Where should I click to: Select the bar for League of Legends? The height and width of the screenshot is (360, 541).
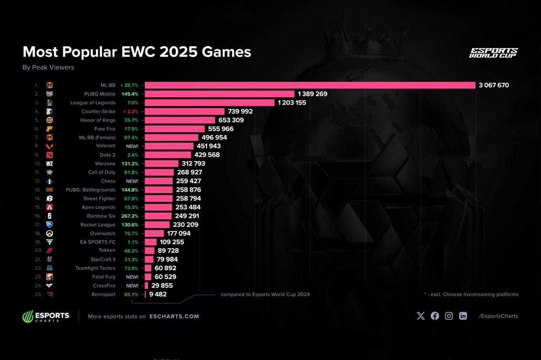(210, 103)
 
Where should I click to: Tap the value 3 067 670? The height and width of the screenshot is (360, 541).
(494, 85)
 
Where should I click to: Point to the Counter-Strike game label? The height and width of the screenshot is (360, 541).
(98, 111)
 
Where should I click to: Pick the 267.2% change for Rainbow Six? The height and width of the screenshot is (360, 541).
(130, 216)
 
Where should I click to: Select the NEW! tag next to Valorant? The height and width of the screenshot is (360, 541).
(132, 146)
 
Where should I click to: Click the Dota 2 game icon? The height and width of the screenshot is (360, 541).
(50, 155)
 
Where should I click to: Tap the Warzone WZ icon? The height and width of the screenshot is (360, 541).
(50, 164)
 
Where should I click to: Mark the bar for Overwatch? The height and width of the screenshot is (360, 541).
(154, 233)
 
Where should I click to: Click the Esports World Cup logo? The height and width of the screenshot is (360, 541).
(493, 53)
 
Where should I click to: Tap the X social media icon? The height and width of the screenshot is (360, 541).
(421, 316)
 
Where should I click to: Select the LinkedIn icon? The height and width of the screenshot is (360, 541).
(463, 316)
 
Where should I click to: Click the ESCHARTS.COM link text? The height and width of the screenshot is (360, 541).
(174, 316)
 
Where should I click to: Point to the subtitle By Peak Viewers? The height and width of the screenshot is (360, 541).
(48, 68)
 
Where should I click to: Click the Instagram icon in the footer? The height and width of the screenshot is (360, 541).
(449, 316)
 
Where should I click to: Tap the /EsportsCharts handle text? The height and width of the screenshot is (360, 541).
(498, 316)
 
